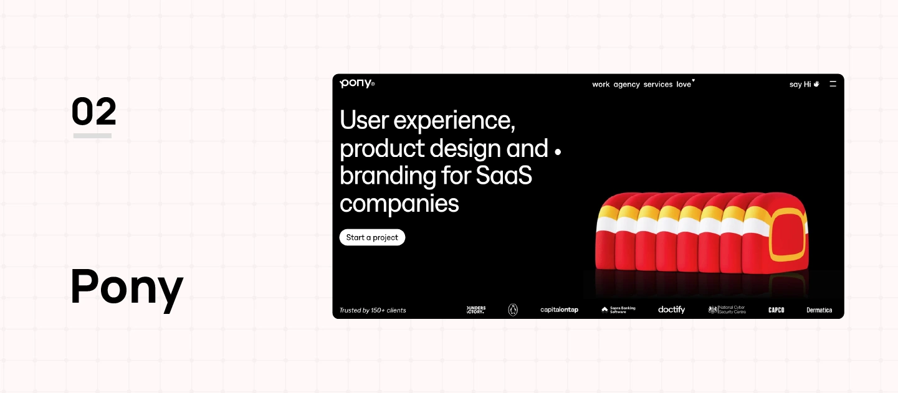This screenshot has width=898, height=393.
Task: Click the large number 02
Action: [93, 112]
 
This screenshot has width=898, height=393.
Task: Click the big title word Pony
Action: [127, 288]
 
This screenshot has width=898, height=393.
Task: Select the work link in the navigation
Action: [601, 85]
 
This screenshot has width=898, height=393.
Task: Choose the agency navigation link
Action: [626, 85]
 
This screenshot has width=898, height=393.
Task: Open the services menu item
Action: [658, 85]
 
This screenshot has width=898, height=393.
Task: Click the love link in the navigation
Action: [684, 85]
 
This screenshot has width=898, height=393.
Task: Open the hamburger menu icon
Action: [833, 84]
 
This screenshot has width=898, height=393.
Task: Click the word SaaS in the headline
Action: [504, 176]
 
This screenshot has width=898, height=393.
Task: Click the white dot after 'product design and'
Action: [558, 151]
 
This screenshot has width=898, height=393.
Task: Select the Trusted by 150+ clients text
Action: [373, 310]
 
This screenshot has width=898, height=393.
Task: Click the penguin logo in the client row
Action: [513, 310]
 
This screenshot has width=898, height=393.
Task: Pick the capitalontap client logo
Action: [559, 310]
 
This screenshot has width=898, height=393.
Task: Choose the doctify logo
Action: [671, 310]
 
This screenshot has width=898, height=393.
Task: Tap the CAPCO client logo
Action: [776, 310]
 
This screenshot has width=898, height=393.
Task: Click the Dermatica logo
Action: [819, 310]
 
